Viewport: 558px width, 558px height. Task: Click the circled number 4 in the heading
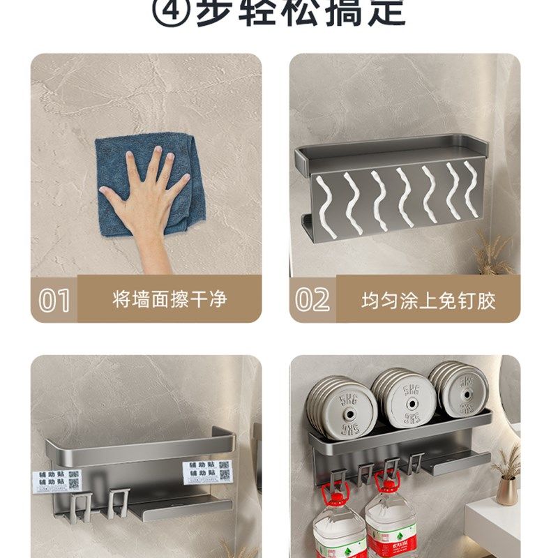(x=168, y=12)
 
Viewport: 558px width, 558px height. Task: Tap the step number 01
(x=54, y=300)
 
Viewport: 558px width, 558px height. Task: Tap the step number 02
(x=312, y=300)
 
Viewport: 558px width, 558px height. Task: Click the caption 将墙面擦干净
(x=169, y=300)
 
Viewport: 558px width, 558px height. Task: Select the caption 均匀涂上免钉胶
(x=428, y=301)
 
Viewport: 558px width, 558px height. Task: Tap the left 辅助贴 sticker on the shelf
(x=56, y=481)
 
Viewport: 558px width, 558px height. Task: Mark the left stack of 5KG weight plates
(x=341, y=407)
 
